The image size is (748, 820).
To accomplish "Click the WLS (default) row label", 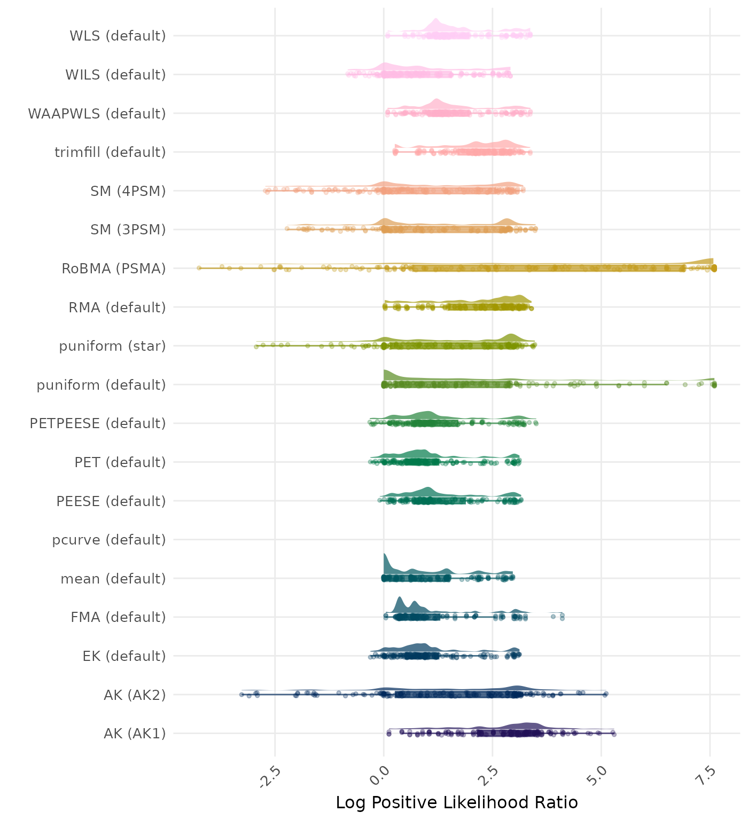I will click(x=118, y=36).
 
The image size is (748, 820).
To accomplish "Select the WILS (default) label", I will click(x=115, y=75).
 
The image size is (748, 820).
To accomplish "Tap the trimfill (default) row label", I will click(x=110, y=152).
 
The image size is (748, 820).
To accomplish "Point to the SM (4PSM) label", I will click(x=128, y=191).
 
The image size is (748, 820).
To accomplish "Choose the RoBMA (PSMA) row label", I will click(x=114, y=269).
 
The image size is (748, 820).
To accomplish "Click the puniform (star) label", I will click(x=112, y=346).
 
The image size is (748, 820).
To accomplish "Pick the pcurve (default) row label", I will click(x=109, y=540).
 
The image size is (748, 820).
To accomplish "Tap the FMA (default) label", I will click(x=118, y=617).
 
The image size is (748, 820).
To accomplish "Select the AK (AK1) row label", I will click(x=135, y=734).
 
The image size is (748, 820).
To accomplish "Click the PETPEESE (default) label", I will click(x=98, y=423).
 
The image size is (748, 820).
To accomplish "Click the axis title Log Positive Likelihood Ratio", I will click(x=457, y=802).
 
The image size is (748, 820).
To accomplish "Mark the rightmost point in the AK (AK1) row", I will click(x=614, y=735).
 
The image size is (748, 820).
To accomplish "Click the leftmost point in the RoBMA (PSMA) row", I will click(x=199, y=267).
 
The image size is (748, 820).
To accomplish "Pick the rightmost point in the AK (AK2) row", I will click(x=605, y=694).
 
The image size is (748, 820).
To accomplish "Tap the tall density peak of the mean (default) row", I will click(x=385, y=558).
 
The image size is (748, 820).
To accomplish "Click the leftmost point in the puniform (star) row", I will click(x=256, y=346).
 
